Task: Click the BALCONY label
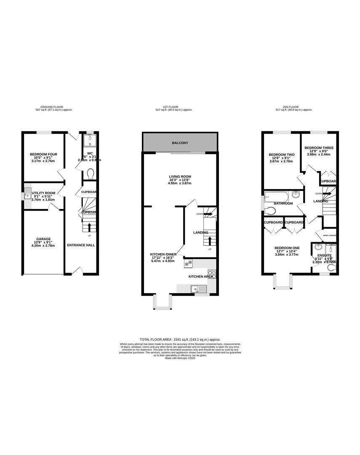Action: coord(180,143)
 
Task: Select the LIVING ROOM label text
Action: coord(180,177)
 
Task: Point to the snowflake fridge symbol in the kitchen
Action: coord(188,263)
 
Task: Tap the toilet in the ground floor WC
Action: coord(89,174)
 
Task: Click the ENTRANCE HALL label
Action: coord(81,245)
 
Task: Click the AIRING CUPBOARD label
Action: coord(329,236)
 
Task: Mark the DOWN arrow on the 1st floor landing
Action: coord(208,214)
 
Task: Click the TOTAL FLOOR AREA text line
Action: coord(180,340)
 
